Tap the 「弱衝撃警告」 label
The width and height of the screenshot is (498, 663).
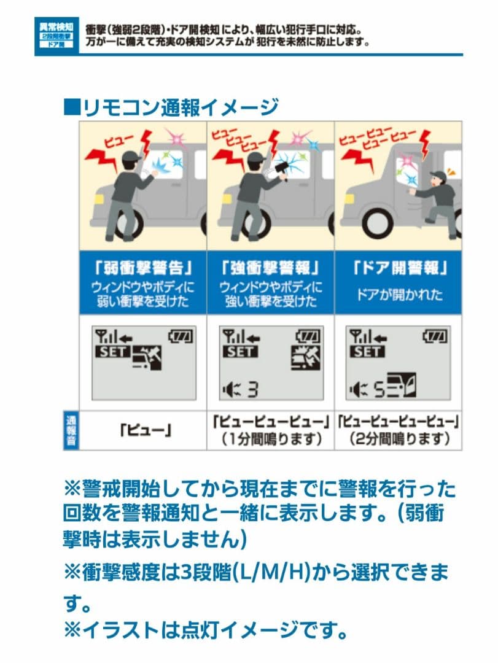142,268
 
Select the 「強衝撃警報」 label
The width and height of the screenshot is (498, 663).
270,268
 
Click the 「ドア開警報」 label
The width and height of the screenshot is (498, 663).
399,268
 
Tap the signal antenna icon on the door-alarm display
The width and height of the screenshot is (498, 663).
356,336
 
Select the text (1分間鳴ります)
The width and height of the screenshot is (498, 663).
270,439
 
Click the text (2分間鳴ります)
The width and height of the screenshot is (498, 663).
399,439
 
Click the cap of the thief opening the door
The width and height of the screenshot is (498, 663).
438,176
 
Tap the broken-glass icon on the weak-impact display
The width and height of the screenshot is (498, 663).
147,359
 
